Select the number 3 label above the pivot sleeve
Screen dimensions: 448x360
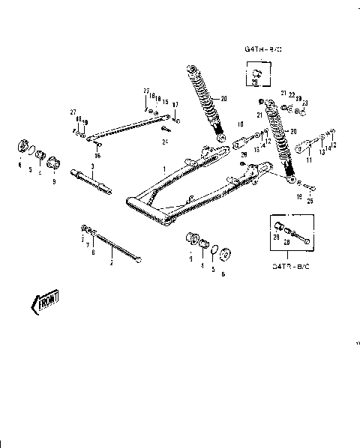tap(91, 166)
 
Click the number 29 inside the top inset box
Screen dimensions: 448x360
tap(255, 80)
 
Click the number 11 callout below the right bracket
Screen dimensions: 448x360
tap(308, 160)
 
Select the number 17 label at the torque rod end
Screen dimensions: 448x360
tap(175, 104)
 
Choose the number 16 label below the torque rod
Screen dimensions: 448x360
tap(97, 145)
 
